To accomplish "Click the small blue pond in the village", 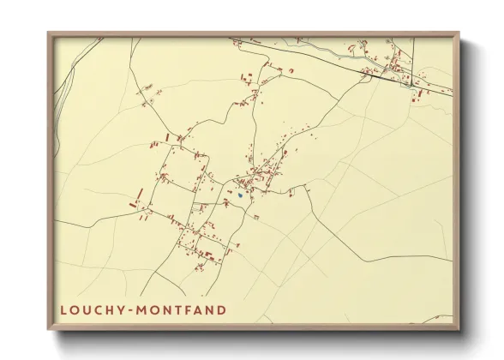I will click(x=241, y=195).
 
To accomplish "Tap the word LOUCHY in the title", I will click(x=91, y=310).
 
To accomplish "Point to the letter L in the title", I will click(x=64, y=310).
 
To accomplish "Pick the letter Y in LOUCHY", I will click(x=122, y=310).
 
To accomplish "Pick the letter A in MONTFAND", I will click(x=200, y=310).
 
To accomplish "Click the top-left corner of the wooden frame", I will click(x=49, y=33).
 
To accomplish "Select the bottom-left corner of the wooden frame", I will click(x=49, y=329).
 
